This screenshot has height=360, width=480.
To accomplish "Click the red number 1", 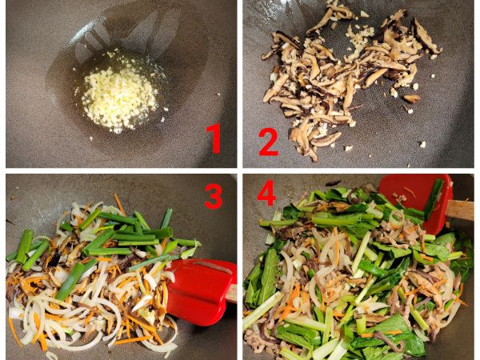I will pos(213,138).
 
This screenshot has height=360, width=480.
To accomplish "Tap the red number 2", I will pos(268,141).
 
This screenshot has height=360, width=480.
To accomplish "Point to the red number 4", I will pos(266,194).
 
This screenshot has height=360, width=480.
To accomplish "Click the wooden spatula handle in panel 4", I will pos(460,210).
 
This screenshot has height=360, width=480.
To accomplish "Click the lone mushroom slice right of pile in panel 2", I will pos(412,98).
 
